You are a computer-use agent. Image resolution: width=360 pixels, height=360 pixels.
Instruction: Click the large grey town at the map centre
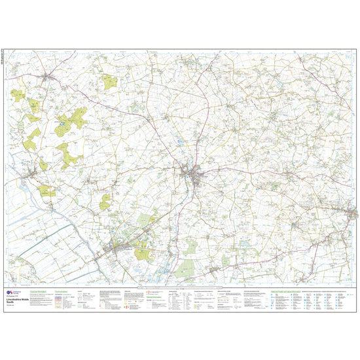pyautogui.click(x=192, y=173)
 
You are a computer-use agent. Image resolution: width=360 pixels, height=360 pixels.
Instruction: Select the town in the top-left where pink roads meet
pyautogui.click(x=48, y=78)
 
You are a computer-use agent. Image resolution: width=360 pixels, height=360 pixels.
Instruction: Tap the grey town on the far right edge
pyautogui.click(x=353, y=213)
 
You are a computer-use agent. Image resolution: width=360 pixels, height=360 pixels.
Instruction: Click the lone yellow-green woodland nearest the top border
pyautogui.click(x=109, y=82)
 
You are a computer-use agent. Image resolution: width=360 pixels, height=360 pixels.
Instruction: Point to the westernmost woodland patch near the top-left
pyautogui.click(x=18, y=96)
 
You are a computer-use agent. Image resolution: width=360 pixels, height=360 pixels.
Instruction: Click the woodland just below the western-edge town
pyautogui.click(x=46, y=190)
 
